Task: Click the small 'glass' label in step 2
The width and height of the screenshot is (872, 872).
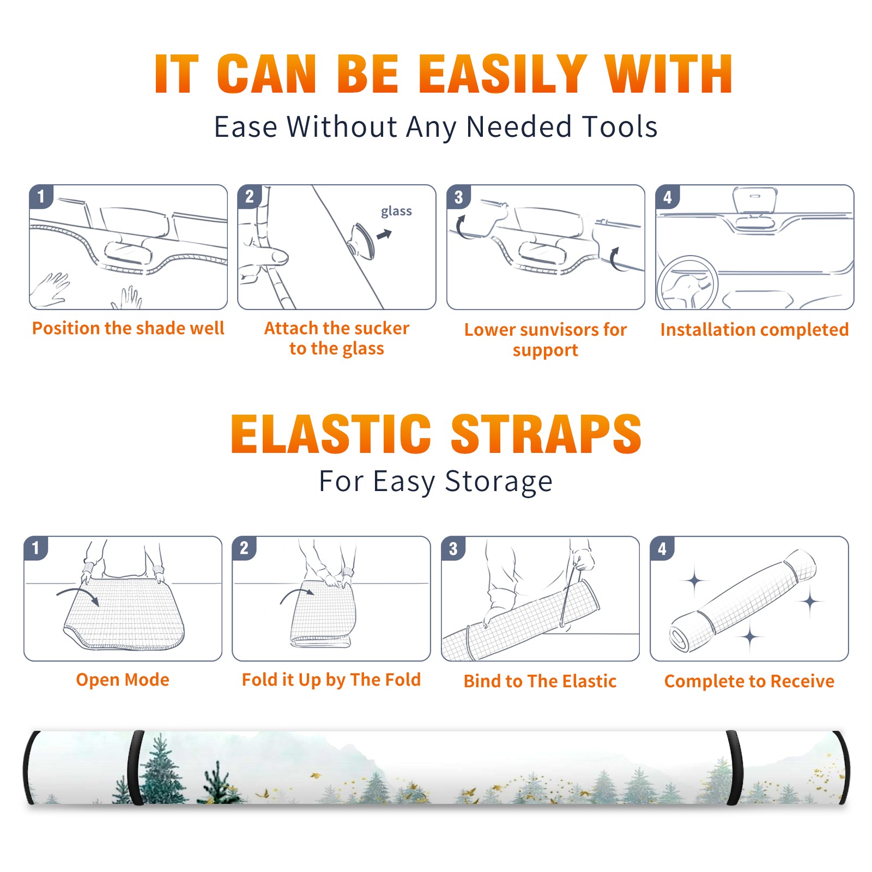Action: coord(396,211)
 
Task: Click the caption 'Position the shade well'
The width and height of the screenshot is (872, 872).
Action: coord(128,328)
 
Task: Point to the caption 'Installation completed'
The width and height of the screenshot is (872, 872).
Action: coord(754,329)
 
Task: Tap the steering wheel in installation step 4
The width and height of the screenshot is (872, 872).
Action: coord(687,283)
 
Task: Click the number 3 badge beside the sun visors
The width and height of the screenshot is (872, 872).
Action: coord(458,197)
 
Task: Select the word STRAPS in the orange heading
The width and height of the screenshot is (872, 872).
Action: coord(546,434)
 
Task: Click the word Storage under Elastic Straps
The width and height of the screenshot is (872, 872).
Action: coord(499,482)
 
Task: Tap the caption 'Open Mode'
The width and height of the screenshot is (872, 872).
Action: coord(123,680)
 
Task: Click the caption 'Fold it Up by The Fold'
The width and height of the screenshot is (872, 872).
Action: coord(331,680)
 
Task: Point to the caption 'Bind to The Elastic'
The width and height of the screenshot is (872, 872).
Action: coord(540,681)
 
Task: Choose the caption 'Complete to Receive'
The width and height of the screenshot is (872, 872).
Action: coord(749,681)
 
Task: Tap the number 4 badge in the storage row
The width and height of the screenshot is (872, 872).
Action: coord(662,549)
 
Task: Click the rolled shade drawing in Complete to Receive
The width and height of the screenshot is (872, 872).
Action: coord(743,601)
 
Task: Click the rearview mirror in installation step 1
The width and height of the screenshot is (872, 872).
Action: coord(126,251)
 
